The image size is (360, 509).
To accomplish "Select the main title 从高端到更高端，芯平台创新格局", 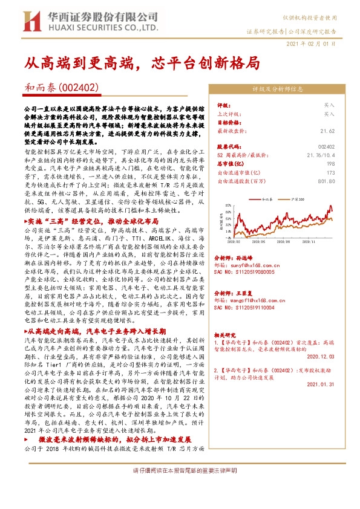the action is pos(142,62).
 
